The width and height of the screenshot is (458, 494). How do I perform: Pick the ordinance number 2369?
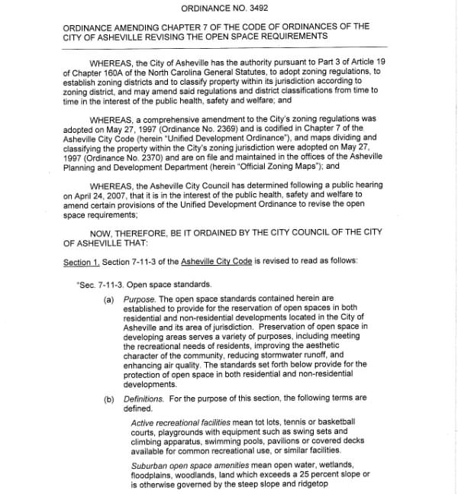(221, 130)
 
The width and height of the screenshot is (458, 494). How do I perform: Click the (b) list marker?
(109, 398)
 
